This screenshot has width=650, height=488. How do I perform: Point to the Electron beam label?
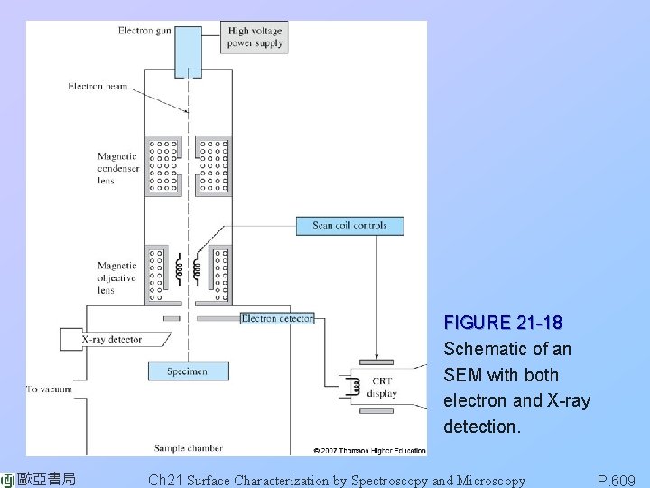coord(97,87)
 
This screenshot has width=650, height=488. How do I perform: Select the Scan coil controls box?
coord(349,226)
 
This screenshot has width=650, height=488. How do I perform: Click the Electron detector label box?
coord(277,318)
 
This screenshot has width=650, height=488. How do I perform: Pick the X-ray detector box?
coord(112,340)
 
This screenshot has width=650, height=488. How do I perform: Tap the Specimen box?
coord(187,371)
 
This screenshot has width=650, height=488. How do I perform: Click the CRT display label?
coord(384,388)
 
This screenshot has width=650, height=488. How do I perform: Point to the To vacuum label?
coord(50,389)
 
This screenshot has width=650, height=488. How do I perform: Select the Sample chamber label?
coord(188,447)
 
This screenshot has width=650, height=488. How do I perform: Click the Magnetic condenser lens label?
coord(118,168)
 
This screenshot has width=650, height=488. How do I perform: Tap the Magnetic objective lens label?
coord(117,278)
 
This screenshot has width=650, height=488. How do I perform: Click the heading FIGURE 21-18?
coord(503,323)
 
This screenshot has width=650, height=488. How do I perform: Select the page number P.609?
coord(617,481)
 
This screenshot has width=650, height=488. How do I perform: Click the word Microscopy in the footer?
coord(491,481)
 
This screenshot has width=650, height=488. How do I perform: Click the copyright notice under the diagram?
coord(368,449)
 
